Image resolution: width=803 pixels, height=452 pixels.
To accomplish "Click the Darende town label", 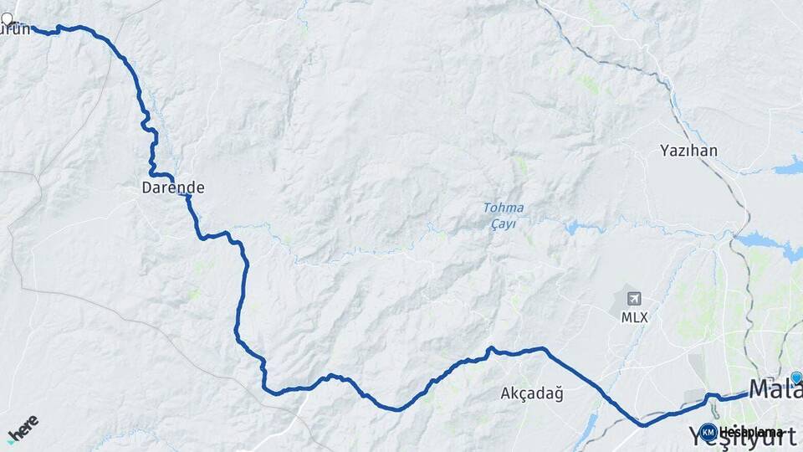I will [x=173, y=188].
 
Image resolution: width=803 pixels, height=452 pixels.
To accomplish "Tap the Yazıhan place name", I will [x=688, y=151].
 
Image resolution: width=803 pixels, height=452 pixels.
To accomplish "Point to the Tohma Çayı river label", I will [x=504, y=215].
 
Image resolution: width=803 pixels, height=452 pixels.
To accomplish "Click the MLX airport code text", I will [x=634, y=318].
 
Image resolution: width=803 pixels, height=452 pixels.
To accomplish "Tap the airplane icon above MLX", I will [x=634, y=299].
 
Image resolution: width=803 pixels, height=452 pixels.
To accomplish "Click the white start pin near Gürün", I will [x=8, y=18].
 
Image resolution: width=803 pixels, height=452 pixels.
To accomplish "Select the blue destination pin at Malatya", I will [x=796, y=378].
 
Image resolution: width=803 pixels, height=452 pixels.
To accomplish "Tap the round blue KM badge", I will [x=708, y=433].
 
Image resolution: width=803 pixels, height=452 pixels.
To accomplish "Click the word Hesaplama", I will [x=751, y=433].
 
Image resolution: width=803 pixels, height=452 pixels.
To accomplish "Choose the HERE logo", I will [x=23, y=428].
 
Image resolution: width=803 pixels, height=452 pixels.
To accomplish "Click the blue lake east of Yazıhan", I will [x=789, y=166].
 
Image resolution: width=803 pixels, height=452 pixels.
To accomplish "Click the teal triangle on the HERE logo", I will [x=11, y=440].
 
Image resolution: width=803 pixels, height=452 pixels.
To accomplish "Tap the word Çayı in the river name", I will [x=504, y=223].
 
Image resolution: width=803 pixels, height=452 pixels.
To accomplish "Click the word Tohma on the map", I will [x=504, y=208].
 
